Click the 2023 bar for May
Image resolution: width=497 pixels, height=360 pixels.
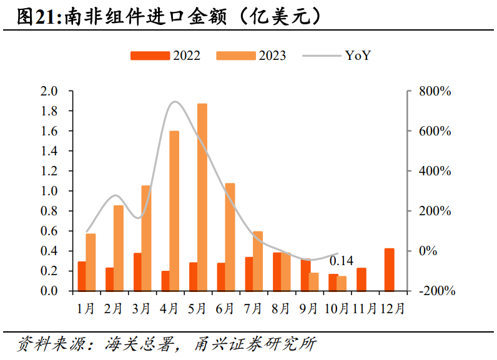coord(202,197)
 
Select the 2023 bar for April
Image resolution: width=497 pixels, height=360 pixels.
coord(174,211)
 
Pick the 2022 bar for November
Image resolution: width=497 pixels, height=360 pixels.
coord(361,279)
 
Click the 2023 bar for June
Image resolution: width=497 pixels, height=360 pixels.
coord(230,237)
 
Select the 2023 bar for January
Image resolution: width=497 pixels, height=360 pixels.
coord(91,262)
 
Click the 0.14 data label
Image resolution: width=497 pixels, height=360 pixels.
coord(341,261)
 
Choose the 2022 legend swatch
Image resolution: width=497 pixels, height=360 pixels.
coord(150,56)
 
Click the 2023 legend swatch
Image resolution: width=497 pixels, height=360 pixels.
coord(236,56)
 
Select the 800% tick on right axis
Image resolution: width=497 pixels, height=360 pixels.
coord(433,92)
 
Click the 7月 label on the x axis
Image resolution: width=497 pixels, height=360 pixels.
coord(253,308)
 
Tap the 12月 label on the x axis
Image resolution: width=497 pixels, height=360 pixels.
coord(392,308)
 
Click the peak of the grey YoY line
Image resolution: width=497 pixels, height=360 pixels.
coord(175,102)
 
